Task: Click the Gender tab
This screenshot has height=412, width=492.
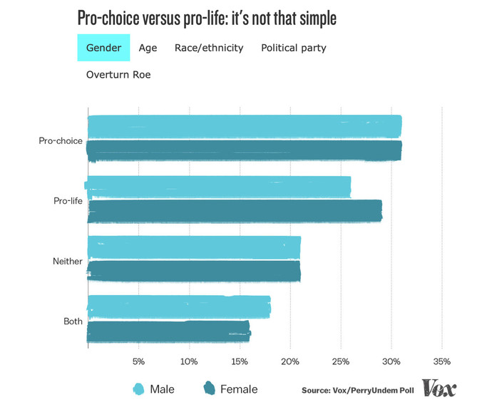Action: [103, 48]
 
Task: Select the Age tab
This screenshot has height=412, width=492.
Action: [149, 48]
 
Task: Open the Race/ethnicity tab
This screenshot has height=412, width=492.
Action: [209, 48]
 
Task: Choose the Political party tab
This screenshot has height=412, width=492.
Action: [294, 48]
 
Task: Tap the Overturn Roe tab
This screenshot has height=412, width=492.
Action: [118, 74]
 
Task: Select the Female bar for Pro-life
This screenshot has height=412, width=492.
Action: [235, 211]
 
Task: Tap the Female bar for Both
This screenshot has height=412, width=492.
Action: [168, 332]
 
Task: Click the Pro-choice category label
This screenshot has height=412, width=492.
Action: [61, 140]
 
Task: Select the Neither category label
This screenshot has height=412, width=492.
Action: [68, 261]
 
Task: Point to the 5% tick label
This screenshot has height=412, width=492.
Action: [138, 361]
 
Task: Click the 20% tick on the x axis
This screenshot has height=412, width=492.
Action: [290, 361]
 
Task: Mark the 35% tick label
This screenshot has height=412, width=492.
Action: [441, 361]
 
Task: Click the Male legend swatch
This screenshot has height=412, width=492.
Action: [139, 388]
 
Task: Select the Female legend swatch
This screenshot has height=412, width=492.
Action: [210, 388]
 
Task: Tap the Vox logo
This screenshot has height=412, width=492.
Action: [439, 388]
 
